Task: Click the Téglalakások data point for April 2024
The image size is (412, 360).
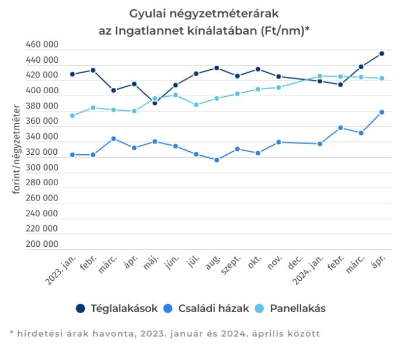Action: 382,53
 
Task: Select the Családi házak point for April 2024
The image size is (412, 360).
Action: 382,112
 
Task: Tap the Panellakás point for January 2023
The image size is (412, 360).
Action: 72,116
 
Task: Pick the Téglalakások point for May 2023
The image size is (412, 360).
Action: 155,103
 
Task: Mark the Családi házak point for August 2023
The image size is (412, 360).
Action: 217,160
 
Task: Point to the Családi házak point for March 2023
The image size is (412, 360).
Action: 114,139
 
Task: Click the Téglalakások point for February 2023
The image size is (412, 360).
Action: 93,70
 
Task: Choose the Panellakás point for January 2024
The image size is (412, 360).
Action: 319,76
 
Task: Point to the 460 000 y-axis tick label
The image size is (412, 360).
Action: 42,45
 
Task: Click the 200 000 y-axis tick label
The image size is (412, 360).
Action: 42,244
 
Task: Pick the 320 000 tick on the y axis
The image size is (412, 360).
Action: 42,152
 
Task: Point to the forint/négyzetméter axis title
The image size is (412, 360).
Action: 17,149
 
